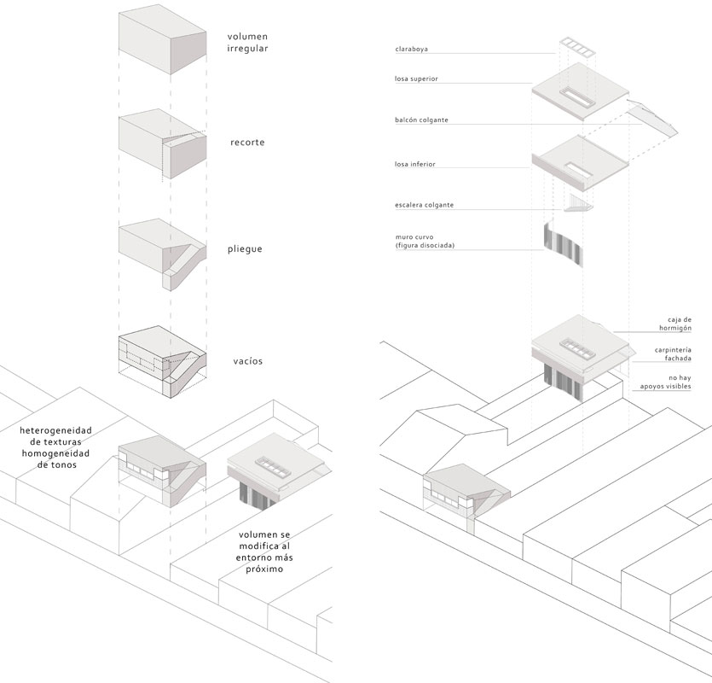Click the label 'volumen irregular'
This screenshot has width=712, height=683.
click(x=247, y=43)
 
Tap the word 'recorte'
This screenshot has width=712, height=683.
click(x=247, y=143)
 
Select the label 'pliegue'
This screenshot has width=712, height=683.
click(x=246, y=249)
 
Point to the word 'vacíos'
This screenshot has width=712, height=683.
click(x=248, y=361)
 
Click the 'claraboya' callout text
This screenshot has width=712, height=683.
click(x=411, y=50)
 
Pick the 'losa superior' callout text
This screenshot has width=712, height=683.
click(x=416, y=79)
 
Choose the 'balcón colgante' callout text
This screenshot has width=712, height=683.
click(x=421, y=120)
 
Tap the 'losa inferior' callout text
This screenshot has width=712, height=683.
click(x=415, y=164)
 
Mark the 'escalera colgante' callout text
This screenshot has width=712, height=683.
click(x=424, y=205)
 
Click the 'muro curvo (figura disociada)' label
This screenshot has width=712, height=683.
click(x=425, y=241)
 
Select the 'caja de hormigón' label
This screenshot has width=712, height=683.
click(x=675, y=324)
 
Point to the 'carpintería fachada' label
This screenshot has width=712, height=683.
click(x=673, y=354)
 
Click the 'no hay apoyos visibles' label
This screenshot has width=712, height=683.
click(x=666, y=382)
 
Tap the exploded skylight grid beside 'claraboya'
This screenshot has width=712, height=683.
click(x=577, y=48)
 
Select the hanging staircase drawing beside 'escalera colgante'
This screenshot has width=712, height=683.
click(x=578, y=203)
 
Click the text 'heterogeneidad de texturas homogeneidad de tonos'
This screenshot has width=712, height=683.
click(x=55, y=447)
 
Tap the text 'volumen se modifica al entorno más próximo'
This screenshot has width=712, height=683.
click(x=264, y=552)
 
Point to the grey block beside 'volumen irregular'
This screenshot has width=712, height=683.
click(x=163, y=39)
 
